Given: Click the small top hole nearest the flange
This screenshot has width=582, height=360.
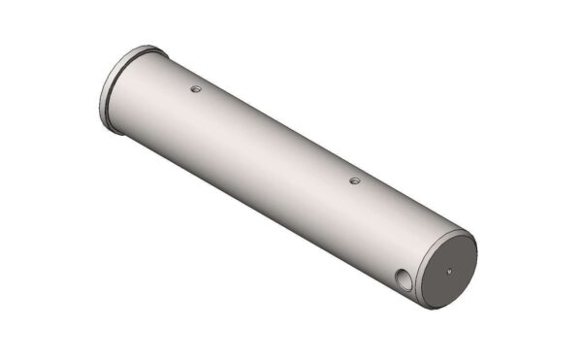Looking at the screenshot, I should click(195, 88).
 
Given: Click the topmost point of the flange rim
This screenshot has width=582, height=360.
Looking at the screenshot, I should click(145, 46).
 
